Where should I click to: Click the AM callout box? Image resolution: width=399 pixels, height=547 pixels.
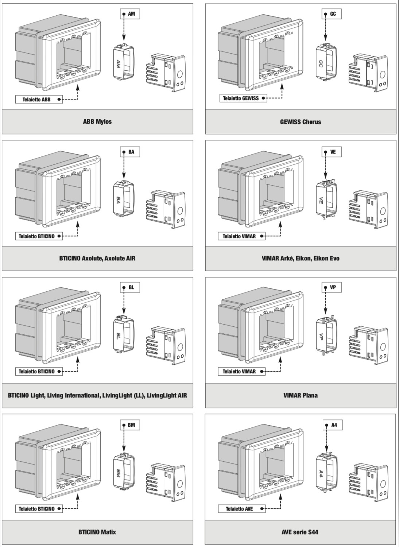click(x=130, y=14)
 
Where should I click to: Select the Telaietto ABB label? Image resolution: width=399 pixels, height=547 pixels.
click(x=39, y=100)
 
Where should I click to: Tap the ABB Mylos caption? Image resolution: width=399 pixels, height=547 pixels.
click(x=97, y=121)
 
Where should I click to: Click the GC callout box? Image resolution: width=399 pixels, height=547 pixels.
click(x=332, y=14)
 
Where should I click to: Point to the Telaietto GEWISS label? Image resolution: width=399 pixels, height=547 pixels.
click(x=243, y=98)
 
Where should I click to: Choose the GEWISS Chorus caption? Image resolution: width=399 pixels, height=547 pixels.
click(x=301, y=122)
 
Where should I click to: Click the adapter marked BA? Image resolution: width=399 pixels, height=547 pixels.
click(x=124, y=198)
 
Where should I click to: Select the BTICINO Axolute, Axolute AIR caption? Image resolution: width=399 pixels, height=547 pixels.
click(x=97, y=258)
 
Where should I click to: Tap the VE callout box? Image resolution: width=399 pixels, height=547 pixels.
click(x=332, y=152)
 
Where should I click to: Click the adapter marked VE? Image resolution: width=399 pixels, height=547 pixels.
click(x=326, y=198)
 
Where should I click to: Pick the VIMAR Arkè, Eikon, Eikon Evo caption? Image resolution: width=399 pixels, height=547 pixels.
click(x=301, y=258)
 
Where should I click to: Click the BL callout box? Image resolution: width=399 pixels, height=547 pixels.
click(x=130, y=287)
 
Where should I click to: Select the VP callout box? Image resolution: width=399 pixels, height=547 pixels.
click(x=332, y=287)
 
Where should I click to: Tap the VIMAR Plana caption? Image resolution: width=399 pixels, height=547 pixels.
click(x=301, y=395)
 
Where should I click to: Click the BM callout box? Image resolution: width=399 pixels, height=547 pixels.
click(x=130, y=425)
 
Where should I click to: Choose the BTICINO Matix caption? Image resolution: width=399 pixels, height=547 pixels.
click(x=97, y=532)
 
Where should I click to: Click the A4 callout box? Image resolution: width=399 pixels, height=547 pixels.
click(x=333, y=425)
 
